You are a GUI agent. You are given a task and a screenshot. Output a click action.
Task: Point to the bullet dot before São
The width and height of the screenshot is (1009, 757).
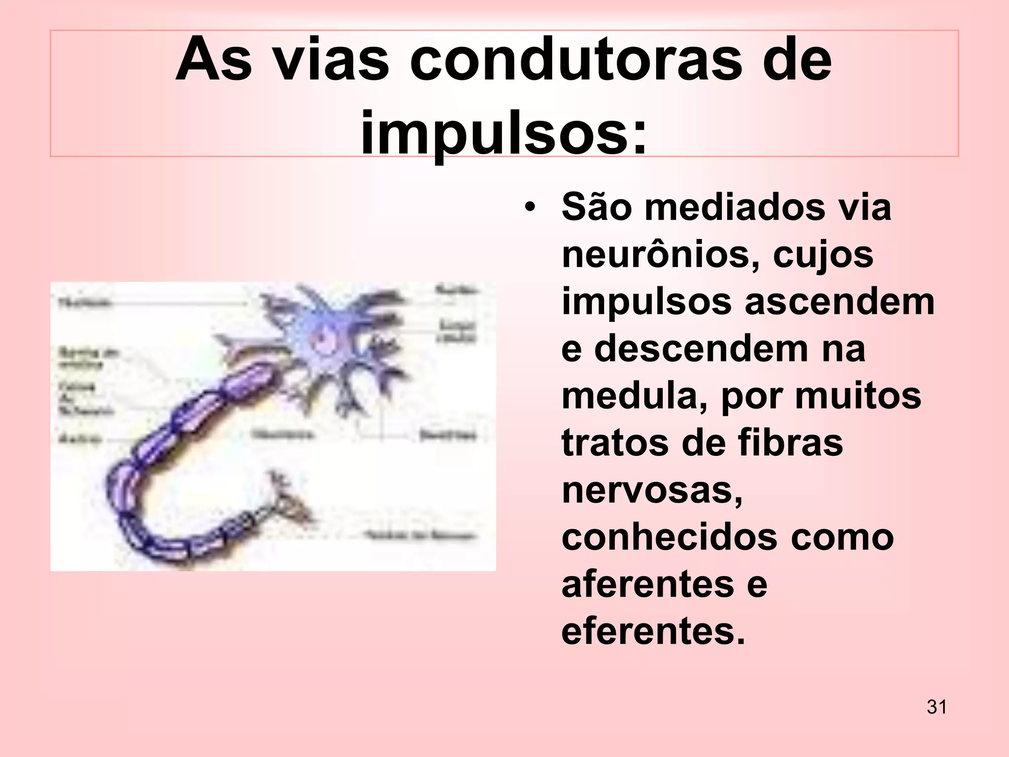pos(530,207)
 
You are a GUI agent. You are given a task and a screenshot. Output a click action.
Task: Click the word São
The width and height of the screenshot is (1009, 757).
pos(597,207)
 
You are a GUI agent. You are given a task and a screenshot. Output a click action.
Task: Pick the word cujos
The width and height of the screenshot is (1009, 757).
pos(823,255)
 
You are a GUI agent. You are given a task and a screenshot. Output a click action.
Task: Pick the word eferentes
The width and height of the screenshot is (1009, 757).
pos(653,631)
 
